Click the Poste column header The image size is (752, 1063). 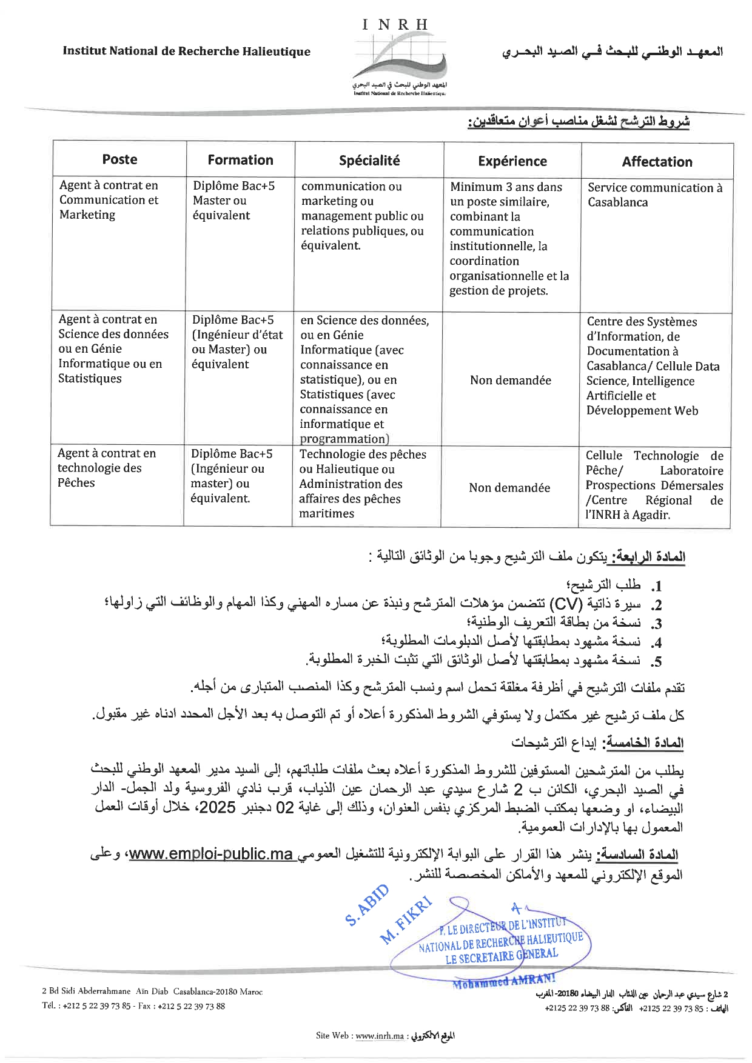click(119, 159)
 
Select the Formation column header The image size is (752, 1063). click(240, 160)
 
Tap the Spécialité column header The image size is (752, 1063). click(369, 161)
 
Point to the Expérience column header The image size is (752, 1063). click(512, 161)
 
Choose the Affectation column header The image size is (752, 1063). click(657, 162)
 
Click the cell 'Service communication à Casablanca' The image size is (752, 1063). click(655, 195)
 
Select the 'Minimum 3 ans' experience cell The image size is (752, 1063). click(509, 239)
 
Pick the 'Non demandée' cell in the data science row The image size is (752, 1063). click(511, 381)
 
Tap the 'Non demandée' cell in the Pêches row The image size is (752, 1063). click(509, 488)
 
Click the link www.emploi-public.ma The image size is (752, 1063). click(211, 855)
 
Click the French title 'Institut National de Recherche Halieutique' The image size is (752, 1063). click(186, 52)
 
